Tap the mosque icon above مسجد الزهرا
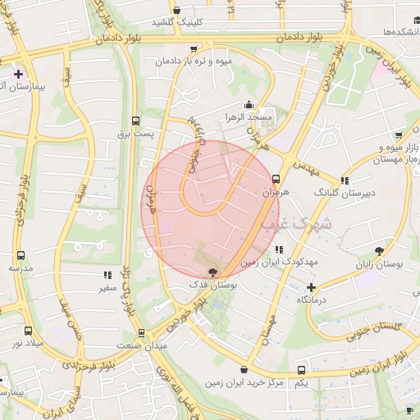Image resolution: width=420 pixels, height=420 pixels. pos(249,105)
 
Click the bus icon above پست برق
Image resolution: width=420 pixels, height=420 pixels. pos(135,120)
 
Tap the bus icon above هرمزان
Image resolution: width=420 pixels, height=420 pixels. pos(276,178)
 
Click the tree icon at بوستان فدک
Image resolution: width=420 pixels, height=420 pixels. pos(214,272)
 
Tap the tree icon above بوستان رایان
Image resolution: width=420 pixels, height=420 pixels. pos(379,251)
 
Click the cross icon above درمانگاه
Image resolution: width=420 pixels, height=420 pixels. pos(311,287)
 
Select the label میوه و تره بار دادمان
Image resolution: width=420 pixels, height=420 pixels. pos(195,62)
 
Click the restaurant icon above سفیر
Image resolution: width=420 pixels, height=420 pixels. pos(106,276)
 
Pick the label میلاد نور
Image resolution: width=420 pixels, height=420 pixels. pos(29,343)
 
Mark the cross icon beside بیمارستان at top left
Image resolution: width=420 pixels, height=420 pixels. pos(18,74)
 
